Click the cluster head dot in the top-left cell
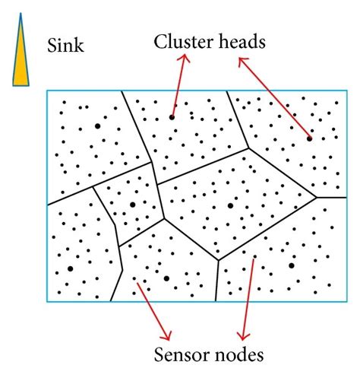97,125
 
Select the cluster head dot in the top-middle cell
172,116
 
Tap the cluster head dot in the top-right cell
309,138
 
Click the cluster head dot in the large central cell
230,205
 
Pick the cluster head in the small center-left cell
132,205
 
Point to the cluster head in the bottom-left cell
70,268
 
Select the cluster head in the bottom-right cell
291,265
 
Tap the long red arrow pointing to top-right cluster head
273,99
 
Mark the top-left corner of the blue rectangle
47,91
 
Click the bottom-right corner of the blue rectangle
336,303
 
